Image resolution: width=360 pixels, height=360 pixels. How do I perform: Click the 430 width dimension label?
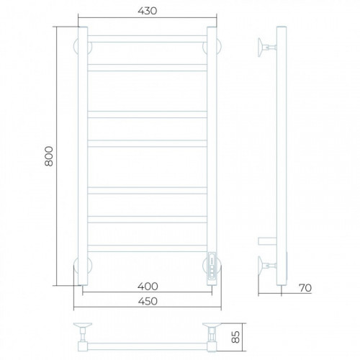(x=148, y=11)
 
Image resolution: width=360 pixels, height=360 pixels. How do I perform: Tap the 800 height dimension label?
(x=49, y=156)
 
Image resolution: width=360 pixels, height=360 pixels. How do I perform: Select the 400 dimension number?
(x=148, y=287)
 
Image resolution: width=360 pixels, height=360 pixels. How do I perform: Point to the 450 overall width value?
(x=148, y=301)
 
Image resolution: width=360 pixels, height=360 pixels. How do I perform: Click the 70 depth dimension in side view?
(x=305, y=288)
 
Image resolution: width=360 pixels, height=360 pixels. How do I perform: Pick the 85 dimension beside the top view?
(x=236, y=337)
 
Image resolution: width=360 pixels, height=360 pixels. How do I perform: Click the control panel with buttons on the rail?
(x=212, y=266)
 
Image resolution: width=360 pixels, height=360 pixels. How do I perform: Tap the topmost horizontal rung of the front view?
(x=147, y=39)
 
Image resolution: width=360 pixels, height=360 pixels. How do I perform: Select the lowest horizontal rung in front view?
(x=147, y=248)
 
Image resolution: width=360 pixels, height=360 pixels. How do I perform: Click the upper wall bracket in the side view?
(x=267, y=48)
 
